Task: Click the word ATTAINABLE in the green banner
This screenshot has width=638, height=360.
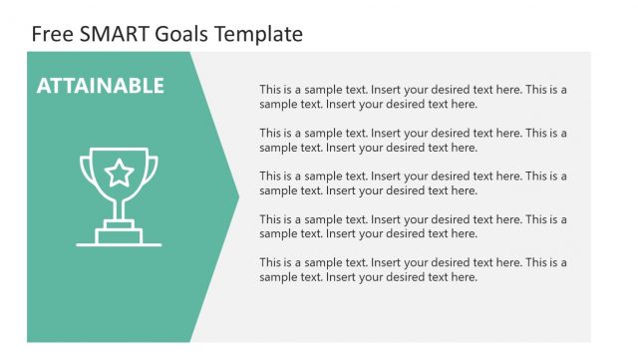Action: [x=100, y=86]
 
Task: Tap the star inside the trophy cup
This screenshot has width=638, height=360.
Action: [x=119, y=174]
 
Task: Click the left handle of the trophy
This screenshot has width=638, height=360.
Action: [x=84, y=171]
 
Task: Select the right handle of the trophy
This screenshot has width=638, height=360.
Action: [x=154, y=171]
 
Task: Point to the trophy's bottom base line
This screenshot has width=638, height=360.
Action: [x=119, y=243]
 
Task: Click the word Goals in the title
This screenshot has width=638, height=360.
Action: [x=180, y=34]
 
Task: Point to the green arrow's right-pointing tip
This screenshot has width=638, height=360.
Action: [x=237, y=196]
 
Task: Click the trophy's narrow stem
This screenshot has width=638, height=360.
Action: [x=119, y=208]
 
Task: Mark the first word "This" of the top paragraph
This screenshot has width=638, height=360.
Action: [x=270, y=90]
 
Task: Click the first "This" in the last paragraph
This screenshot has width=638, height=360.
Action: [x=270, y=262]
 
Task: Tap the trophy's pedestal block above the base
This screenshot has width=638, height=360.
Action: [x=119, y=233]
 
